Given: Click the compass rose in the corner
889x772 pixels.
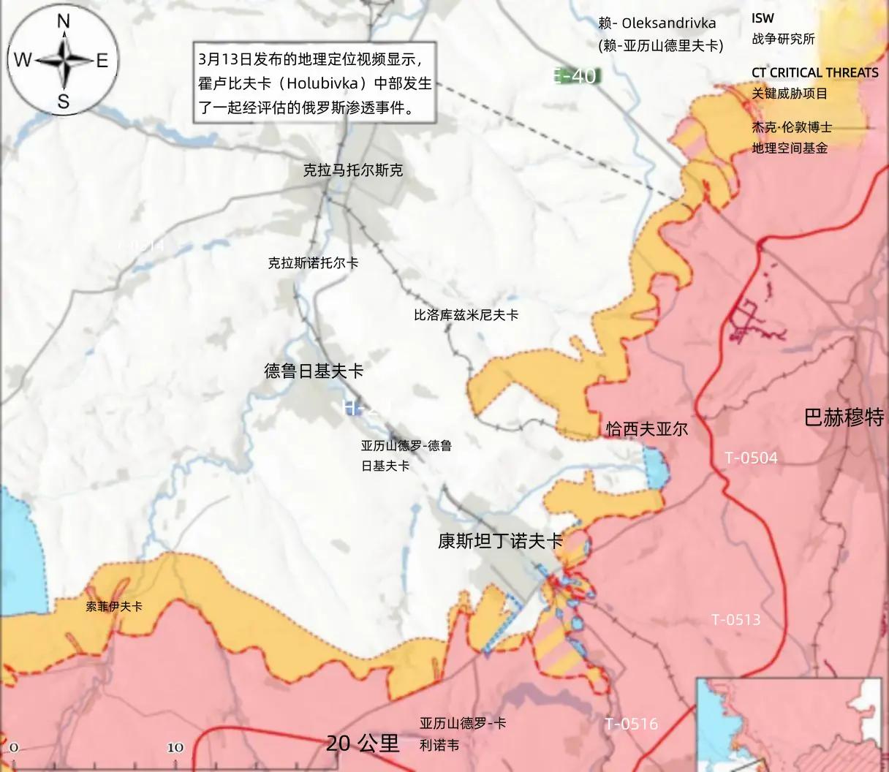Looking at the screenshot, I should pyautogui.click(x=62, y=60).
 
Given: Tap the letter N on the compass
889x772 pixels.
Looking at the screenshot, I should pyautogui.click(x=64, y=22).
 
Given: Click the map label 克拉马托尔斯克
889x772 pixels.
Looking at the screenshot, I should pyautogui.click(x=353, y=170).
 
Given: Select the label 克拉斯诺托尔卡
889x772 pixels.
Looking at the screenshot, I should pyautogui.click(x=313, y=263).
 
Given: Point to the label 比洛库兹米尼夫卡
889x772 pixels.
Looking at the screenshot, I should pyautogui.click(x=466, y=315).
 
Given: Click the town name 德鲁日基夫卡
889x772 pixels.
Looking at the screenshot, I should pyautogui.click(x=314, y=371).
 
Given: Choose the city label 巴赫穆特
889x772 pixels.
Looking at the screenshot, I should pyautogui.click(x=844, y=418).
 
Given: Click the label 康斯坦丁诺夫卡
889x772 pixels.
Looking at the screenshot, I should pyautogui.click(x=500, y=541).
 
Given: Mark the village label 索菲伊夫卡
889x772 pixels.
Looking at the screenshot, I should pyautogui.click(x=113, y=606).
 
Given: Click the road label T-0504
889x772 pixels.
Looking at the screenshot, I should pyautogui.click(x=751, y=458).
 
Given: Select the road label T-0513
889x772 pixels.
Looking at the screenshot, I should pyautogui.click(x=736, y=620).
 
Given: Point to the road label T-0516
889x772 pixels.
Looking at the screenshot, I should pyautogui.click(x=631, y=724).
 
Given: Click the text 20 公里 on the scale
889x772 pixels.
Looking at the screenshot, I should pyautogui.click(x=363, y=744).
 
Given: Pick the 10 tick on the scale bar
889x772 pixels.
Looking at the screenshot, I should pyautogui.click(x=175, y=747).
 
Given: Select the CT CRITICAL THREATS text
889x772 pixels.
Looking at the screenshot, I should pyautogui.click(x=814, y=72).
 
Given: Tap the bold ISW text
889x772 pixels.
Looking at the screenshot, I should pyautogui.click(x=763, y=18).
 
